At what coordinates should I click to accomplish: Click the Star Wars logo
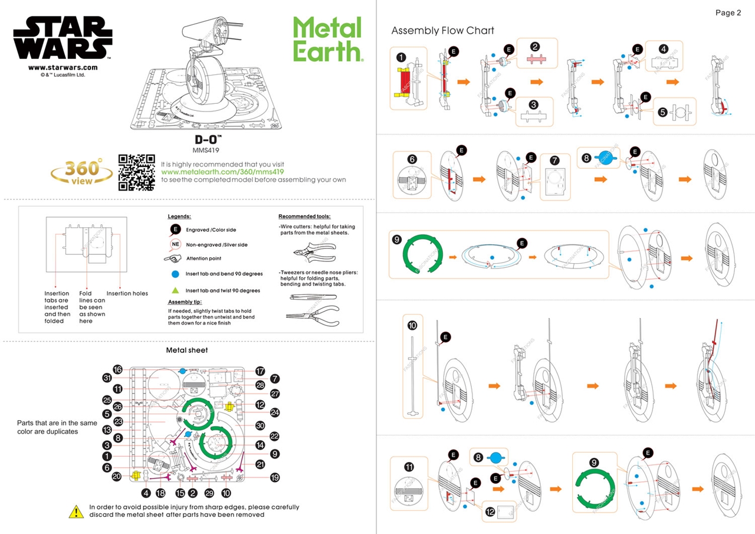coord(63,38)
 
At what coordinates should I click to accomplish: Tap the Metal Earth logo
coord(327,39)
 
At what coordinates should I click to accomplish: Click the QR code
coord(137,172)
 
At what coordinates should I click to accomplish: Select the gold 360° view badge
coord(82,172)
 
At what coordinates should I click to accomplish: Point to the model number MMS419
coord(211,150)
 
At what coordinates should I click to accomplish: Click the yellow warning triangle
coord(76,511)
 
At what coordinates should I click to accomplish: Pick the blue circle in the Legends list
coord(175,274)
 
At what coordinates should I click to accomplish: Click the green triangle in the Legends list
coord(175,290)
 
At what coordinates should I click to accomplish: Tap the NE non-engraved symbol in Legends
coord(175,244)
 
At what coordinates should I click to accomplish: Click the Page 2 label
coord(728,13)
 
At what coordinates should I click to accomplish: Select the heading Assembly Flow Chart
coord(442,31)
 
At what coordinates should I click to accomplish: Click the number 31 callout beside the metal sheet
coord(107,378)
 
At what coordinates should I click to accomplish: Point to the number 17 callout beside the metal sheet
coord(260,371)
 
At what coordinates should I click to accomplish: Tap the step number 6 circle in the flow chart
coord(412,159)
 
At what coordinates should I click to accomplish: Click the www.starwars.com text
coord(63,68)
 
